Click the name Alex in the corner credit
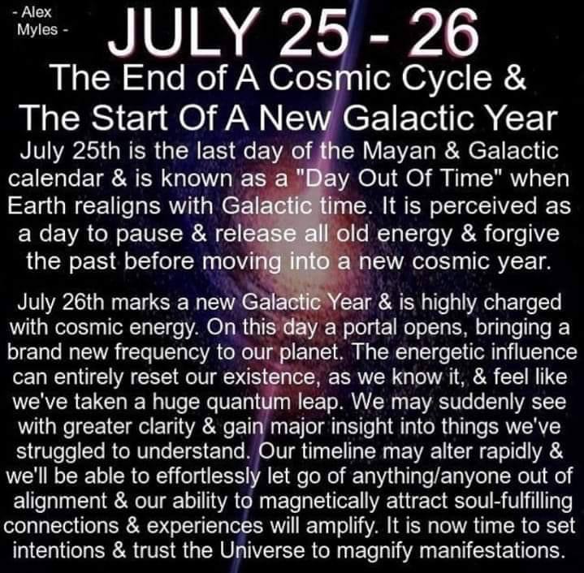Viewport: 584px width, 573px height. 36,12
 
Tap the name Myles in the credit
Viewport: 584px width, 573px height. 37,30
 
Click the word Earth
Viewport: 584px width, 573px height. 37,206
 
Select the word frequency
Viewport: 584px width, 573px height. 162,353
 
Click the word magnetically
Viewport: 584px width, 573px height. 319,502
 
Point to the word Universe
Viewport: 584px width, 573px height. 262,550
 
